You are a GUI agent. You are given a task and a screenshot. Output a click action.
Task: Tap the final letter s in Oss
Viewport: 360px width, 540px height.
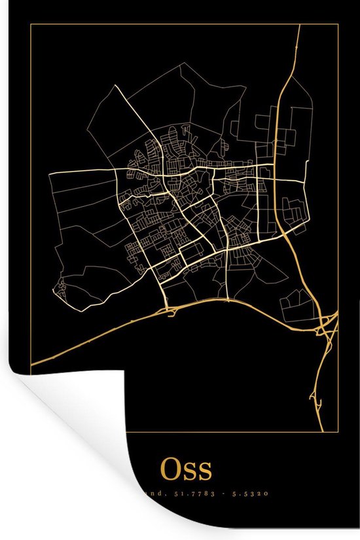205,471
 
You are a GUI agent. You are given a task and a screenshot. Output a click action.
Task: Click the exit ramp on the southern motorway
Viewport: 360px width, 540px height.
173,314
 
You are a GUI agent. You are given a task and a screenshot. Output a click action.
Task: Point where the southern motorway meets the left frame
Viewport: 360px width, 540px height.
32,361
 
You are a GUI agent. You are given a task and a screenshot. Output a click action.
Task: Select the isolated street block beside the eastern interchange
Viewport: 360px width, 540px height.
291,304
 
